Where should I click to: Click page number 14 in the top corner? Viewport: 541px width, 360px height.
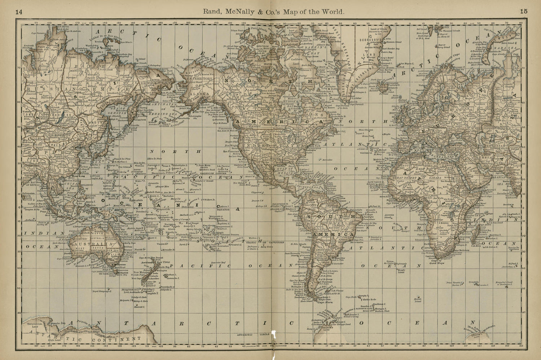pos(19,11)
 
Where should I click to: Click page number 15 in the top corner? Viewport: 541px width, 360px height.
pos(524,11)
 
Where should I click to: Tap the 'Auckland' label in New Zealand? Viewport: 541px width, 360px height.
pos(148,263)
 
